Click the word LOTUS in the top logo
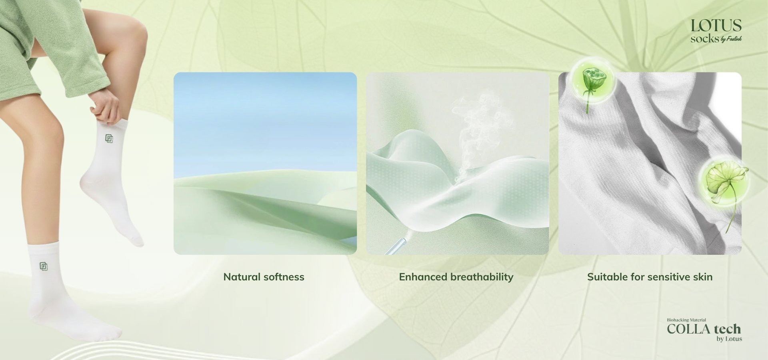(716, 26)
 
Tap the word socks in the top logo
(705, 39)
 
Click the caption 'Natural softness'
(264, 277)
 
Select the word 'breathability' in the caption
(482, 277)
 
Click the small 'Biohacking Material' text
(686, 320)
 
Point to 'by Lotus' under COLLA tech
(729, 339)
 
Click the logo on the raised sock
(109, 138)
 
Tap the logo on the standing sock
(44, 266)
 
